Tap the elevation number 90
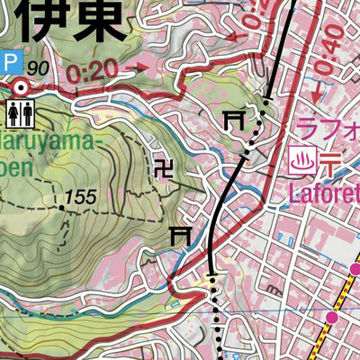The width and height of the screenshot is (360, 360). (x=38, y=68)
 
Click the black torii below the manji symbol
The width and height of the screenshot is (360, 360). (x=182, y=235)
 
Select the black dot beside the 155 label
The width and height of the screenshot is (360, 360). (x=62, y=207)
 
